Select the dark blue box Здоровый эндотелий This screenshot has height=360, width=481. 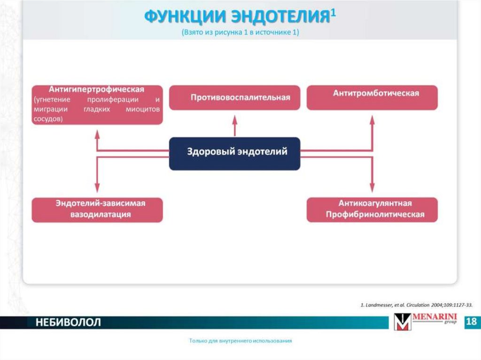pos(234,153)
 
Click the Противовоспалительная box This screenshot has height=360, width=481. pos(234,98)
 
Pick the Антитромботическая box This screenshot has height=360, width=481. pos(372,98)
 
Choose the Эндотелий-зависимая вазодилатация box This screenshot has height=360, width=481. pos(97,209)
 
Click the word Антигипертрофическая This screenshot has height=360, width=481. pos(96,89)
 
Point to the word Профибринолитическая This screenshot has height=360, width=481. pos(372,214)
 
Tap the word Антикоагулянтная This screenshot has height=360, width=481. pos(372,204)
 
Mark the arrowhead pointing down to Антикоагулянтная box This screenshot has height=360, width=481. pos(372,189)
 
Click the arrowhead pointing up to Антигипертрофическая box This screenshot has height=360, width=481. pos(97,133)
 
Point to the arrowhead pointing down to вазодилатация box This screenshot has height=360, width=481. pos(97,189)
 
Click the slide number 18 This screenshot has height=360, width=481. pos(472,322)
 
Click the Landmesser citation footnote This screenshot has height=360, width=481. pos(416,305)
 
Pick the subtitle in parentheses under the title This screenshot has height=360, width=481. pos(240,33)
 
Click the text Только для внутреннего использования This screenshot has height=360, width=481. pos(240,341)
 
